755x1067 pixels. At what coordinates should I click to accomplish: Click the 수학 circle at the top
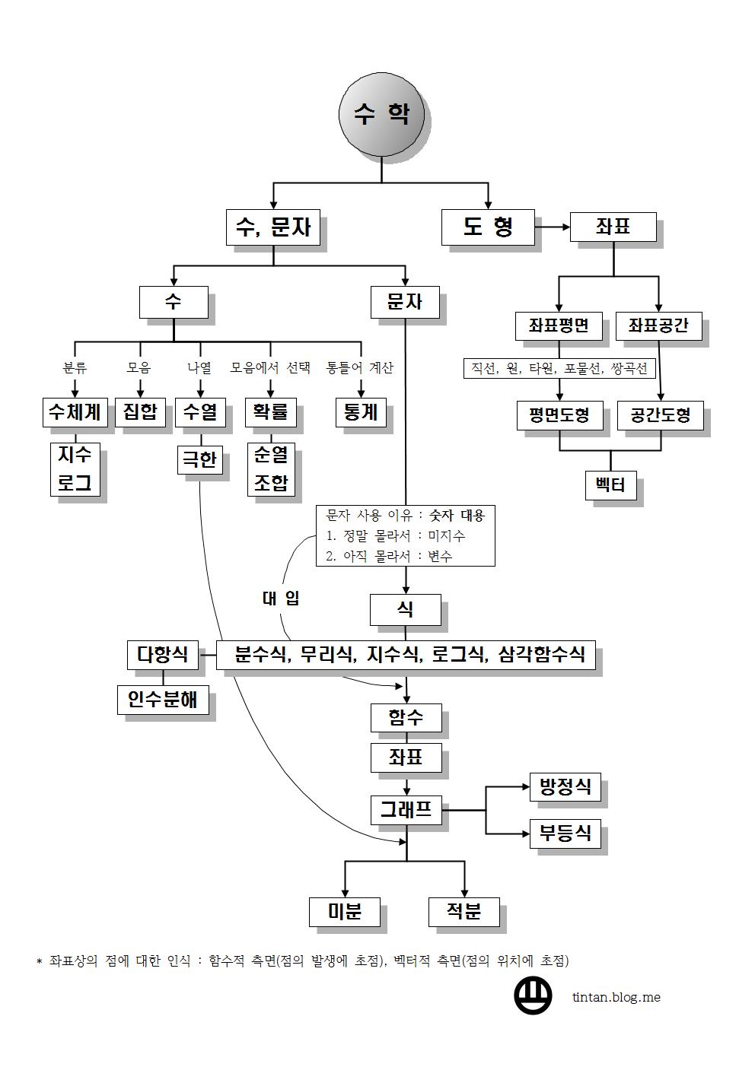381,115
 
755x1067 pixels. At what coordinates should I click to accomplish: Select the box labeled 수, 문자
272,227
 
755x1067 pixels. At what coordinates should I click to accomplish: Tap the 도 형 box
488,227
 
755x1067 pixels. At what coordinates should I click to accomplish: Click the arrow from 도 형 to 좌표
553,227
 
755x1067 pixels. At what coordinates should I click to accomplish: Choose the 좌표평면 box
559,325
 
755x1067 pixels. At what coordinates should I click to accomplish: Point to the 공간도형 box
661,415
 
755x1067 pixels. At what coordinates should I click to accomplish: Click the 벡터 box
611,484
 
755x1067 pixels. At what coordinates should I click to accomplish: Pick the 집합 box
140,412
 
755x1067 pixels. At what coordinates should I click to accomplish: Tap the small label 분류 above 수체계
75,368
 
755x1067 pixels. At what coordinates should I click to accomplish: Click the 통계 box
360,412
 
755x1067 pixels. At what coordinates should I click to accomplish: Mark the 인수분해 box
162,699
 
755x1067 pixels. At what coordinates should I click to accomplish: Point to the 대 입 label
281,598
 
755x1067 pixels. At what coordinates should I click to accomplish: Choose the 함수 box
405,717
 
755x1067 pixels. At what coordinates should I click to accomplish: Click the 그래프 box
405,810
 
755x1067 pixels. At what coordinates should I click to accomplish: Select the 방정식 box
565,787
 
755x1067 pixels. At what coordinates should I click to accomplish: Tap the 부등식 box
565,833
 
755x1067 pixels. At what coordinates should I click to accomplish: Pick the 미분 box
344,911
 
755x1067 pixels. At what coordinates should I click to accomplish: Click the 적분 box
464,911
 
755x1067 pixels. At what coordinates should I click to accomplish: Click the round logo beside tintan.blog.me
534,996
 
